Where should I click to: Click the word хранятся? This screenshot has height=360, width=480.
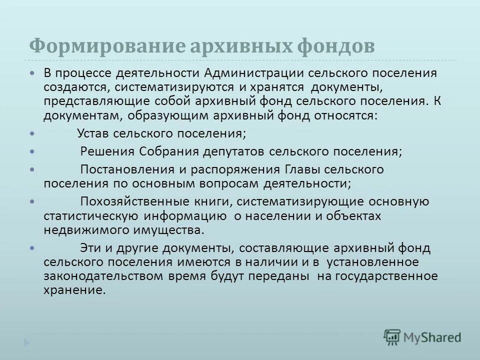pos(277,87)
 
